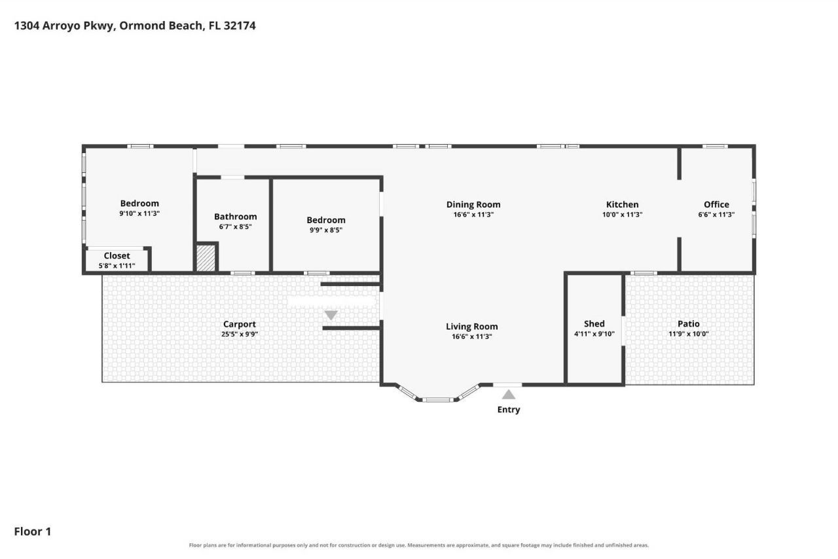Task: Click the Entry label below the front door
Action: [x=509, y=409]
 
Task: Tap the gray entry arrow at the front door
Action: [x=509, y=394]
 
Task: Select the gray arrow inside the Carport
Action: [x=331, y=315]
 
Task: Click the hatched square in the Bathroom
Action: [x=206, y=258]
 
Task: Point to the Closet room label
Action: [x=117, y=255]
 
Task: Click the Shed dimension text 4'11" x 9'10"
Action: [x=594, y=334]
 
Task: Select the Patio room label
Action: [x=688, y=323]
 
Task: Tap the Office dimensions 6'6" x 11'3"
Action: [x=716, y=215]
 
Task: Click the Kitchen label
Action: [x=622, y=204]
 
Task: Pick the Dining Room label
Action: [x=473, y=204]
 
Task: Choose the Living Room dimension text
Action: [x=472, y=336]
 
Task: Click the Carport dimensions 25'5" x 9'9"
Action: [x=240, y=334]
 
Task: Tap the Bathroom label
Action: [x=235, y=216]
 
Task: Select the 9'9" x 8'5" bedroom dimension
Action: [x=326, y=230]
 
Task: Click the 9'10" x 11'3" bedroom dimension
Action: [x=139, y=213]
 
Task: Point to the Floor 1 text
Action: [x=33, y=532]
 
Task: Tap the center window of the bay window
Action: [x=438, y=399]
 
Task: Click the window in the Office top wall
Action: [x=715, y=147]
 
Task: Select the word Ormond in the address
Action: [x=143, y=26]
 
